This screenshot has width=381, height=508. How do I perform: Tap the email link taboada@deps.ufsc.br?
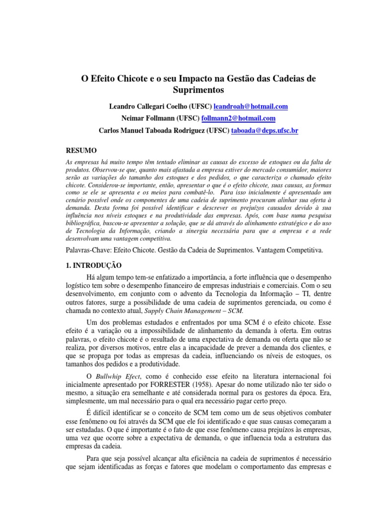[x=265, y=130]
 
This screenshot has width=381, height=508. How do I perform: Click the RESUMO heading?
[x=82, y=150]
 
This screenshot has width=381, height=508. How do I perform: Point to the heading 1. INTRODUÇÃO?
[x=94, y=265]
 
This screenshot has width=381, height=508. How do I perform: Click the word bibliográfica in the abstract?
[x=84, y=217]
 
